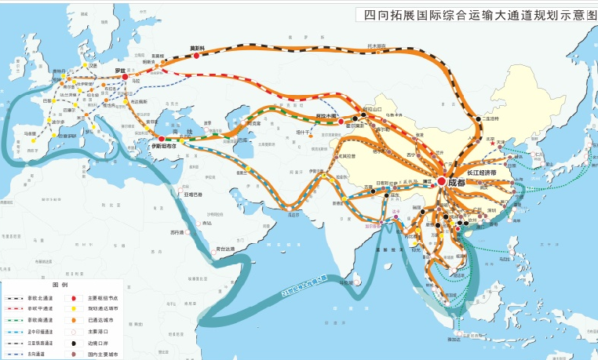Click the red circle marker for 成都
point(442,181)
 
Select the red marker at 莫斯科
point(196,56)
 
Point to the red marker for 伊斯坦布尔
point(162,139)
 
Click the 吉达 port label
point(207,224)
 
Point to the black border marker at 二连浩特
point(477,118)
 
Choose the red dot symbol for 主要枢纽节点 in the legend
point(74,298)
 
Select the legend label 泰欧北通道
point(38,298)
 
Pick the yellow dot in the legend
point(74,309)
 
